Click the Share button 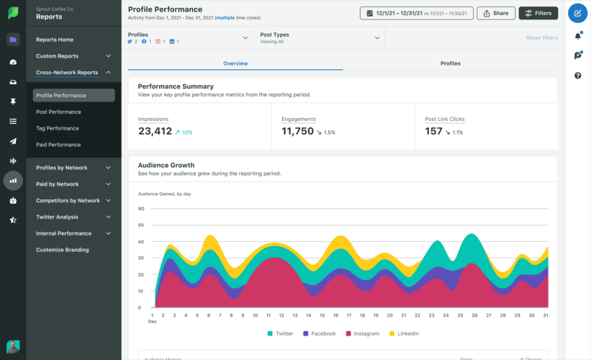(496, 13)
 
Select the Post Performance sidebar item (58, 112)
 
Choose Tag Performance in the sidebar (58, 128)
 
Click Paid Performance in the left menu (58, 145)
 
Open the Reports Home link (55, 40)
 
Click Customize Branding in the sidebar (63, 250)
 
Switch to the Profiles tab (450, 63)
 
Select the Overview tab (235, 63)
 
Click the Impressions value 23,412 (155, 131)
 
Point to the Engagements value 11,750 (297, 131)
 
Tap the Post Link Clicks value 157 (433, 131)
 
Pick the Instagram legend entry (362, 334)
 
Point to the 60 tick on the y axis (141, 209)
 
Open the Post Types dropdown (320, 38)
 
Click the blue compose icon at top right (577, 13)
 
